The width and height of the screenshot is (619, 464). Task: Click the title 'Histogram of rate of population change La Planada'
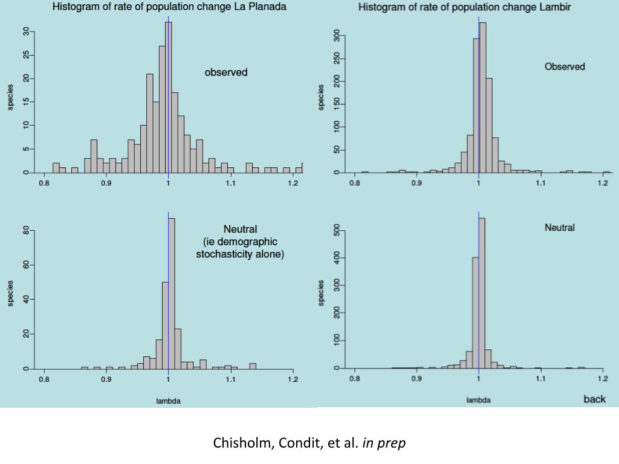coord(169,7)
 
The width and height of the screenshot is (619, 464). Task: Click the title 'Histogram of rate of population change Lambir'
coord(465,7)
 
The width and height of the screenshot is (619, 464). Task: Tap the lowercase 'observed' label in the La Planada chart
coord(226,72)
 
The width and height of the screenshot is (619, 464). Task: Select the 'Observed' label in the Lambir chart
coord(565,66)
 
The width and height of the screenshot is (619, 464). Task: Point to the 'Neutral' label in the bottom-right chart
coord(560,228)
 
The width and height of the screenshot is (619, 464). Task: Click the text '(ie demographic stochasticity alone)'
coord(240,248)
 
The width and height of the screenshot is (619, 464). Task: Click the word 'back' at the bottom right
coord(594,399)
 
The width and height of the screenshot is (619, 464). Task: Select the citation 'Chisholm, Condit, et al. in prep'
coord(309,443)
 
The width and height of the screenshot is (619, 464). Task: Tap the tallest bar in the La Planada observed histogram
coord(169,97)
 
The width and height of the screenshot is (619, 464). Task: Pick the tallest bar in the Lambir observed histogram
coord(482,97)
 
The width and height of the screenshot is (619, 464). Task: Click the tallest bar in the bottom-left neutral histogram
coord(172,293)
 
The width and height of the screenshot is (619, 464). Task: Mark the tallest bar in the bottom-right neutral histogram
coord(482,293)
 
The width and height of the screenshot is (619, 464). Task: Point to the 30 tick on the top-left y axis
coord(26,32)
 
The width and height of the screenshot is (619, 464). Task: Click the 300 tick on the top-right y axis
coord(336,36)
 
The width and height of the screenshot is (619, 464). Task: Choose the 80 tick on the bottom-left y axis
coord(26,231)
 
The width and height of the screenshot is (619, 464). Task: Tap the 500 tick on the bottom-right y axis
coord(336,231)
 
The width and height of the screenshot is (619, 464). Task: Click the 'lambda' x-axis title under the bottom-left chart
coord(168,401)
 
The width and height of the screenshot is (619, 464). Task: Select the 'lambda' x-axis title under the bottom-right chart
coord(478,400)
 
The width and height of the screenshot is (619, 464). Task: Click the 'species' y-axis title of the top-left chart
coord(10,97)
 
